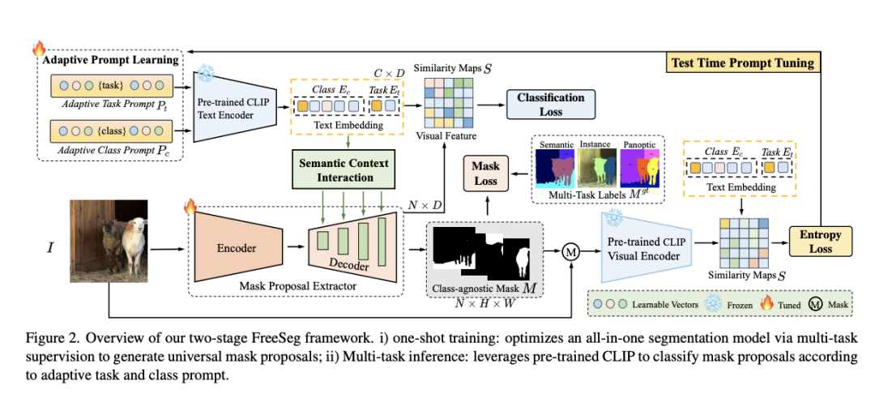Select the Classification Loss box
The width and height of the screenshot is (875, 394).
click(551, 104)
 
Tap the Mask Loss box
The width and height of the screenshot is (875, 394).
click(486, 173)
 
